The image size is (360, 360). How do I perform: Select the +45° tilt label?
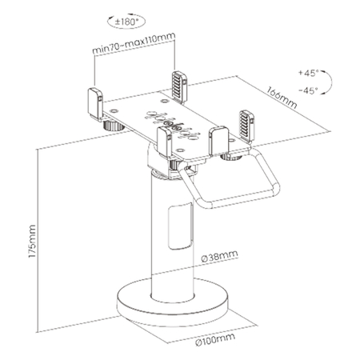(307, 73)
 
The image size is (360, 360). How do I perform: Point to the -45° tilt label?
(307, 90)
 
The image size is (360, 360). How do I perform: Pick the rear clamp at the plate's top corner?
(178, 84)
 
